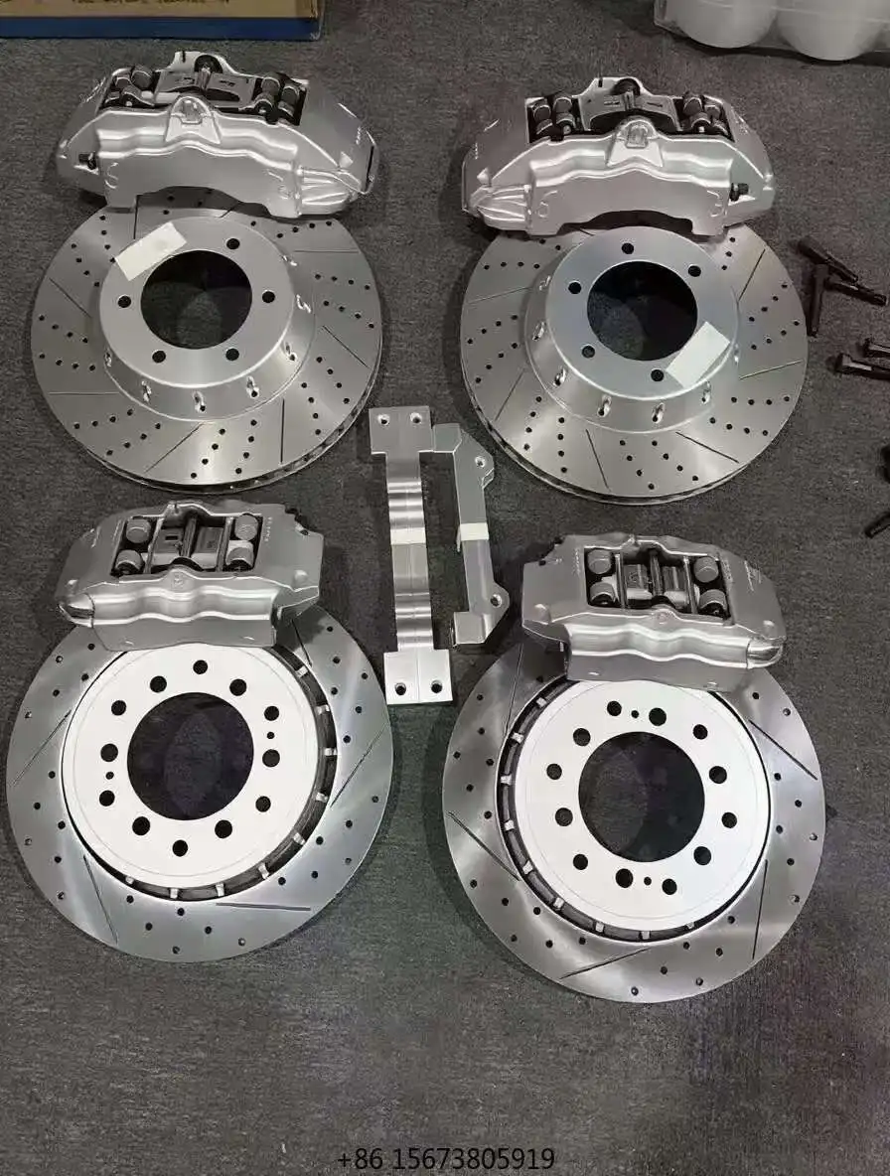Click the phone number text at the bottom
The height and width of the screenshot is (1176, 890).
point(446,1159)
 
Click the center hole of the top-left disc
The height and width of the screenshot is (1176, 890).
point(196,299)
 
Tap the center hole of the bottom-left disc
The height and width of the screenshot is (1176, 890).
point(190,756)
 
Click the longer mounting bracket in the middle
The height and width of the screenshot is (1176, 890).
point(409,556)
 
